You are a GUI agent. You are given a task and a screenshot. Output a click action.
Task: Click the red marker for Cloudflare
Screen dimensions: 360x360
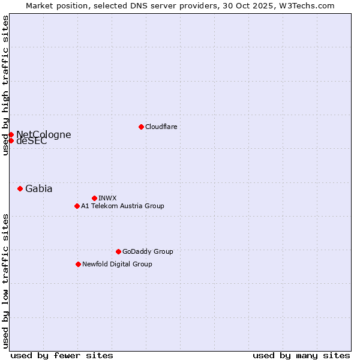pyautogui.click(x=141, y=127)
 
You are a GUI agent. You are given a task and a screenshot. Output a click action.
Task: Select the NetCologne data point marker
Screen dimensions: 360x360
pyautogui.click(x=11, y=134)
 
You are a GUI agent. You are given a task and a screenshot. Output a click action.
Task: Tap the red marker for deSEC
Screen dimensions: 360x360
pyautogui.click(x=11, y=140)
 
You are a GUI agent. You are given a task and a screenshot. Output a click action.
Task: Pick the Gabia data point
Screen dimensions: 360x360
pyautogui.click(x=20, y=188)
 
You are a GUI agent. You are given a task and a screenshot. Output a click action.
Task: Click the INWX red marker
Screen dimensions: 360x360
pyautogui.click(x=94, y=198)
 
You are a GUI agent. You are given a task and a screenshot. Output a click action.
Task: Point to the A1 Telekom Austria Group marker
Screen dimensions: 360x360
pyautogui.click(x=77, y=206)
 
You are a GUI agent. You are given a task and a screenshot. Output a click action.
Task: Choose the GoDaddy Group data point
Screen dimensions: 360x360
pyautogui.click(x=118, y=251)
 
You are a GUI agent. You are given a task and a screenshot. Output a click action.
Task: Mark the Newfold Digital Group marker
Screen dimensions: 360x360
pyautogui.click(x=78, y=264)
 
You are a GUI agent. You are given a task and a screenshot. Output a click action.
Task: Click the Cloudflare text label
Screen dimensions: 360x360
pyautogui.click(x=161, y=127)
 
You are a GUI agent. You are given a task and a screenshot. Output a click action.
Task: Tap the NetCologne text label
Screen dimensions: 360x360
pyautogui.click(x=43, y=134)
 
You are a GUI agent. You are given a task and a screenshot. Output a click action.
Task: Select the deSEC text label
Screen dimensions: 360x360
pyautogui.click(x=31, y=142)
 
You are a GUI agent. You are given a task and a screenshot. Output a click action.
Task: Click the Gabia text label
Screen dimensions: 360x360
pyautogui.click(x=38, y=188)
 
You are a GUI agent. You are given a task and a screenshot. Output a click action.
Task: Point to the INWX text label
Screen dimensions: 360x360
pyautogui.click(x=107, y=198)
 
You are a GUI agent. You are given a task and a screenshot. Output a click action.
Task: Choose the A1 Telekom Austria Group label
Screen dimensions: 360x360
pyautogui.click(x=122, y=206)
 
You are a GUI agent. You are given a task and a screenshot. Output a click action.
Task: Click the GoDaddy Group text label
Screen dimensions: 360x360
pyautogui.click(x=148, y=251)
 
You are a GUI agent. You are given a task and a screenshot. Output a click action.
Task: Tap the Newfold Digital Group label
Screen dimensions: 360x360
pyautogui.click(x=117, y=264)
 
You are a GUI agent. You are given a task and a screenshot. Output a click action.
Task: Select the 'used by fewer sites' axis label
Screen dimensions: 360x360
pyautogui.click(x=62, y=355)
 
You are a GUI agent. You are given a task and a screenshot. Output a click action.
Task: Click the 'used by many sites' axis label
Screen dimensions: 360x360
pyautogui.click(x=301, y=355)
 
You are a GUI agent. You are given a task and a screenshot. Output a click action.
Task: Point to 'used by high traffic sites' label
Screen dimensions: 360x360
pyautogui.click(x=5, y=85)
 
